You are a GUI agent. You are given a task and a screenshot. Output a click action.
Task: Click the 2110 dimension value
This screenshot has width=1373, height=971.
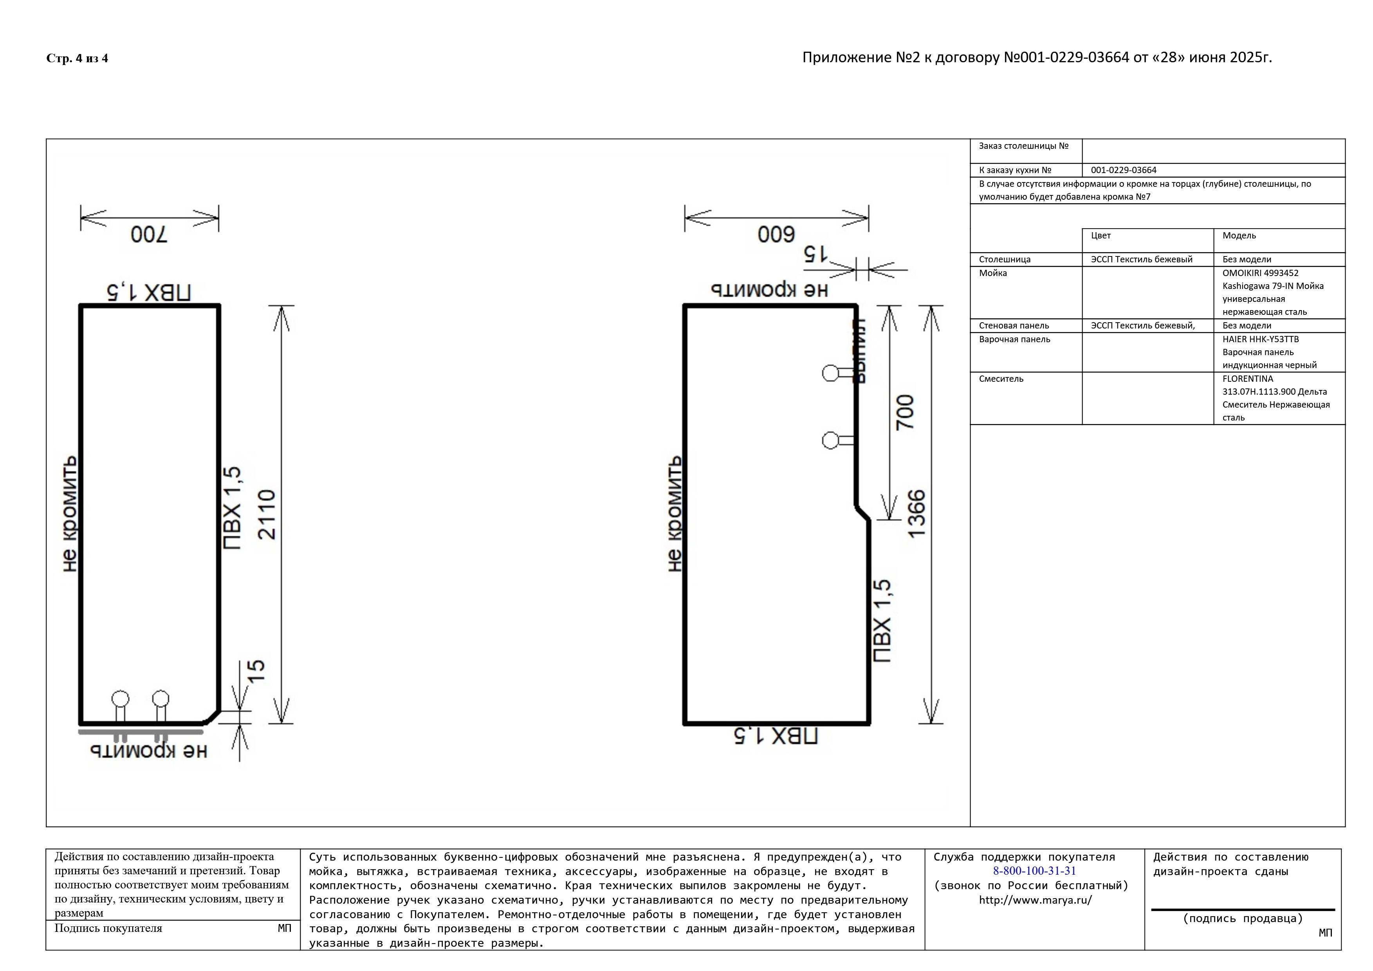[x=267, y=515]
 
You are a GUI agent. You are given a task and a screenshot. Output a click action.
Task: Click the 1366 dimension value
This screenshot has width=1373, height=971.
[x=916, y=514]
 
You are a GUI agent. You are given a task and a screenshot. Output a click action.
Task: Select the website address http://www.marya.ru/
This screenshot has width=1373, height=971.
[x=1034, y=900]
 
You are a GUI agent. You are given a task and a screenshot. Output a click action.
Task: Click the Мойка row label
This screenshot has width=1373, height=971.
[x=993, y=273]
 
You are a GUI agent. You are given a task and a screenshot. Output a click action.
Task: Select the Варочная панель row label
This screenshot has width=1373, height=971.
[x=1014, y=339]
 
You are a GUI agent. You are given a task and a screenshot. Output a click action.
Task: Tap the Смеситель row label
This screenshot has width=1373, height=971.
[x=1000, y=379]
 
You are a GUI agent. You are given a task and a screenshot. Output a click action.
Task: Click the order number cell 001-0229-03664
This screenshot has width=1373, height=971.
[x=1123, y=170]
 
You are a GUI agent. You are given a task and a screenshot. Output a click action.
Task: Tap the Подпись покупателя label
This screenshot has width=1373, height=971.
[x=108, y=929]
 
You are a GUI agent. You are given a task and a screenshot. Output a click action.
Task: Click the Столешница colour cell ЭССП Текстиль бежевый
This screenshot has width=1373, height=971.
[x=1141, y=260]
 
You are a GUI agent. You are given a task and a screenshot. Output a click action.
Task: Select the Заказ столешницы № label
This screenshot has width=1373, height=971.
[x=1023, y=146]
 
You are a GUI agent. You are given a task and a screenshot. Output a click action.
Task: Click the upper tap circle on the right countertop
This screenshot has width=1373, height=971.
[x=830, y=373]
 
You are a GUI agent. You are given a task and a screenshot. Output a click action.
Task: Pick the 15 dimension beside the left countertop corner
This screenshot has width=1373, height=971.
[x=255, y=670]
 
